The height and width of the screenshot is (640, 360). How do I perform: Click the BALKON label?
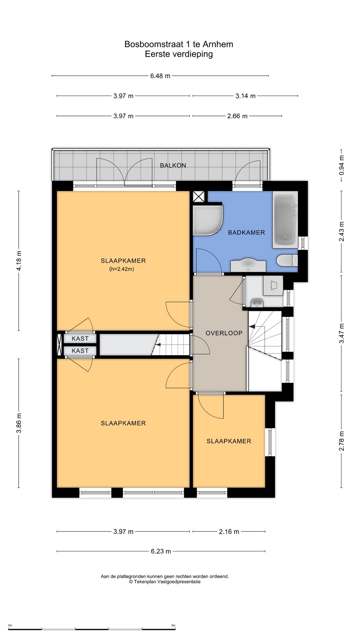pos(173,165)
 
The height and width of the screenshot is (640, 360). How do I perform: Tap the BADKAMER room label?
pos(246,233)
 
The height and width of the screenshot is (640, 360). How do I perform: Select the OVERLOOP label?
pos(224,333)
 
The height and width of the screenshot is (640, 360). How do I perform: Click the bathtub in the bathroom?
pos(285,220)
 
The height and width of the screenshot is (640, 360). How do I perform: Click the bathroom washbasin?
pos(248,266)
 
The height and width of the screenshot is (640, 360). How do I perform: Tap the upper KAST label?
pos(80,339)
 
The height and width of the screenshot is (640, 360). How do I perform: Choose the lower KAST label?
pos(80,351)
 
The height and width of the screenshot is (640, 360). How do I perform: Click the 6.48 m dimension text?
pos(160,76)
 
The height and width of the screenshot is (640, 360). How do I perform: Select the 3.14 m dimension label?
pos(246,96)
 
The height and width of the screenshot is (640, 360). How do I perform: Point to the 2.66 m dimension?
pos(238,116)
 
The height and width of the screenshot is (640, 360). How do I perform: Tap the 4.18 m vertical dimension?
pos(19,261)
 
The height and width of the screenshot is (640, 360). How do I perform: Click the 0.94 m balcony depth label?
pos(341,165)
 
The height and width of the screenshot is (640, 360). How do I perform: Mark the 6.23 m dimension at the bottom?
pos(161,551)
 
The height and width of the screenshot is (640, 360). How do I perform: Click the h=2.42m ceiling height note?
pos(122,269)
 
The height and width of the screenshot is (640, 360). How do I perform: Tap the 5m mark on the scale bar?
pos(173,625)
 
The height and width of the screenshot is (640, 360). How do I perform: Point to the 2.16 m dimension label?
pos(229,532)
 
